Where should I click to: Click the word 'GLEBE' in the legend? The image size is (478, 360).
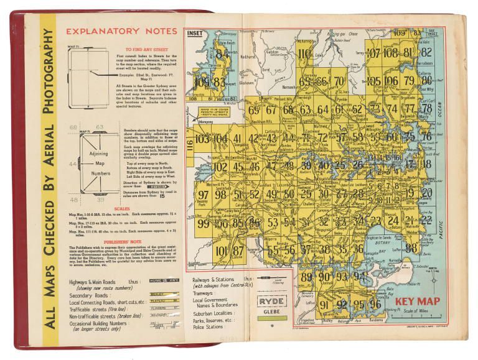pos(272,313)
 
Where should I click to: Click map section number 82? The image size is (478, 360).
pos(426,52)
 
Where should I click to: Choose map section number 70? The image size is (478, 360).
pos(338,81)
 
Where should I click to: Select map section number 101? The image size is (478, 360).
pos(222,251)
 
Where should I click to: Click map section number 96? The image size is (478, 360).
pos(375,305)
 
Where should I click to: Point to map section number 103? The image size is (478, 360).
pos(202,139)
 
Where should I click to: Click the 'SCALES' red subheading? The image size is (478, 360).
pos(119,208)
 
